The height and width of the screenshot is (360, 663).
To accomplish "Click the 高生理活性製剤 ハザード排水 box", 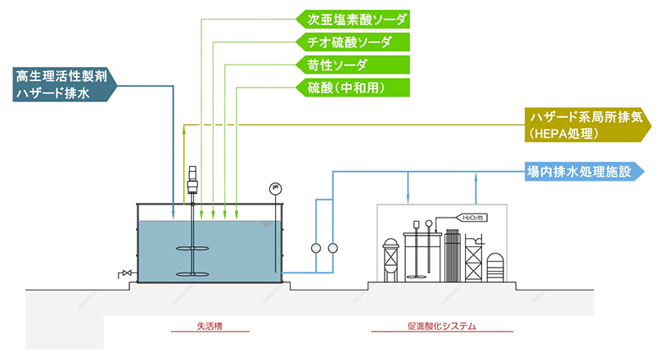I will pyautogui.click(x=61, y=84).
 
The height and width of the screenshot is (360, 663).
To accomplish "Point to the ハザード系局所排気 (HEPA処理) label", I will pyautogui.click(x=586, y=124).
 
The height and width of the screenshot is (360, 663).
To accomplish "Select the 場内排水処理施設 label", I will pyautogui.click(x=583, y=172).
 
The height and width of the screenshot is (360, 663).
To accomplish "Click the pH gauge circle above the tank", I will pyautogui.click(x=274, y=190).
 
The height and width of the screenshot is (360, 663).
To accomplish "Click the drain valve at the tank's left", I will pyautogui.click(x=125, y=272).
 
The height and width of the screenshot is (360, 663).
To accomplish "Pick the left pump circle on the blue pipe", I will pyautogui.click(x=316, y=248).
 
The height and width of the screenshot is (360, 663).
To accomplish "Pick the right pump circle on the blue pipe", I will pyautogui.click(x=332, y=248).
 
